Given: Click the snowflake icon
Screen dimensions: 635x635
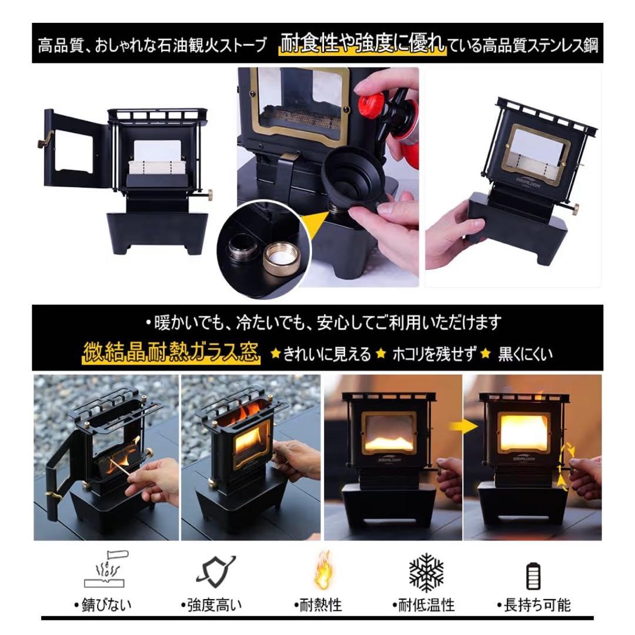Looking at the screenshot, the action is pyautogui.click(x=426, y=573).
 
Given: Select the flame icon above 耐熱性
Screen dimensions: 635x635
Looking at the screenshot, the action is pyautogui.click(x=323, y=570).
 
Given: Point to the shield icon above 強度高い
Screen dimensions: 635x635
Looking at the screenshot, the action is pyautogui.click(x=215, y=571).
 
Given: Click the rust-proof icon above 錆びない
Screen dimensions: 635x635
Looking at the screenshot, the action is pyautogui.click(x=106, y=569).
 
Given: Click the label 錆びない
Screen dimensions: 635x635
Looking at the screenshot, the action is pyautogui.click(x=103, y=605).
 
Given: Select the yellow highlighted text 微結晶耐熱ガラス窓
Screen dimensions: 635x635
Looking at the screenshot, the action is pyautogui.click(x=171, y=352).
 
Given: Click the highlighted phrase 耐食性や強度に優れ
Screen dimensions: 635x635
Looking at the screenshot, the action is pyautogui.click(x=362, y=44).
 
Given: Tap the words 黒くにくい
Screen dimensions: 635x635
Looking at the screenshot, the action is pyautogui.click(x=525, y=355).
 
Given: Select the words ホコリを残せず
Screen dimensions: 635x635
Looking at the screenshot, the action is pyautogui.click(x=435, y=355).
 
